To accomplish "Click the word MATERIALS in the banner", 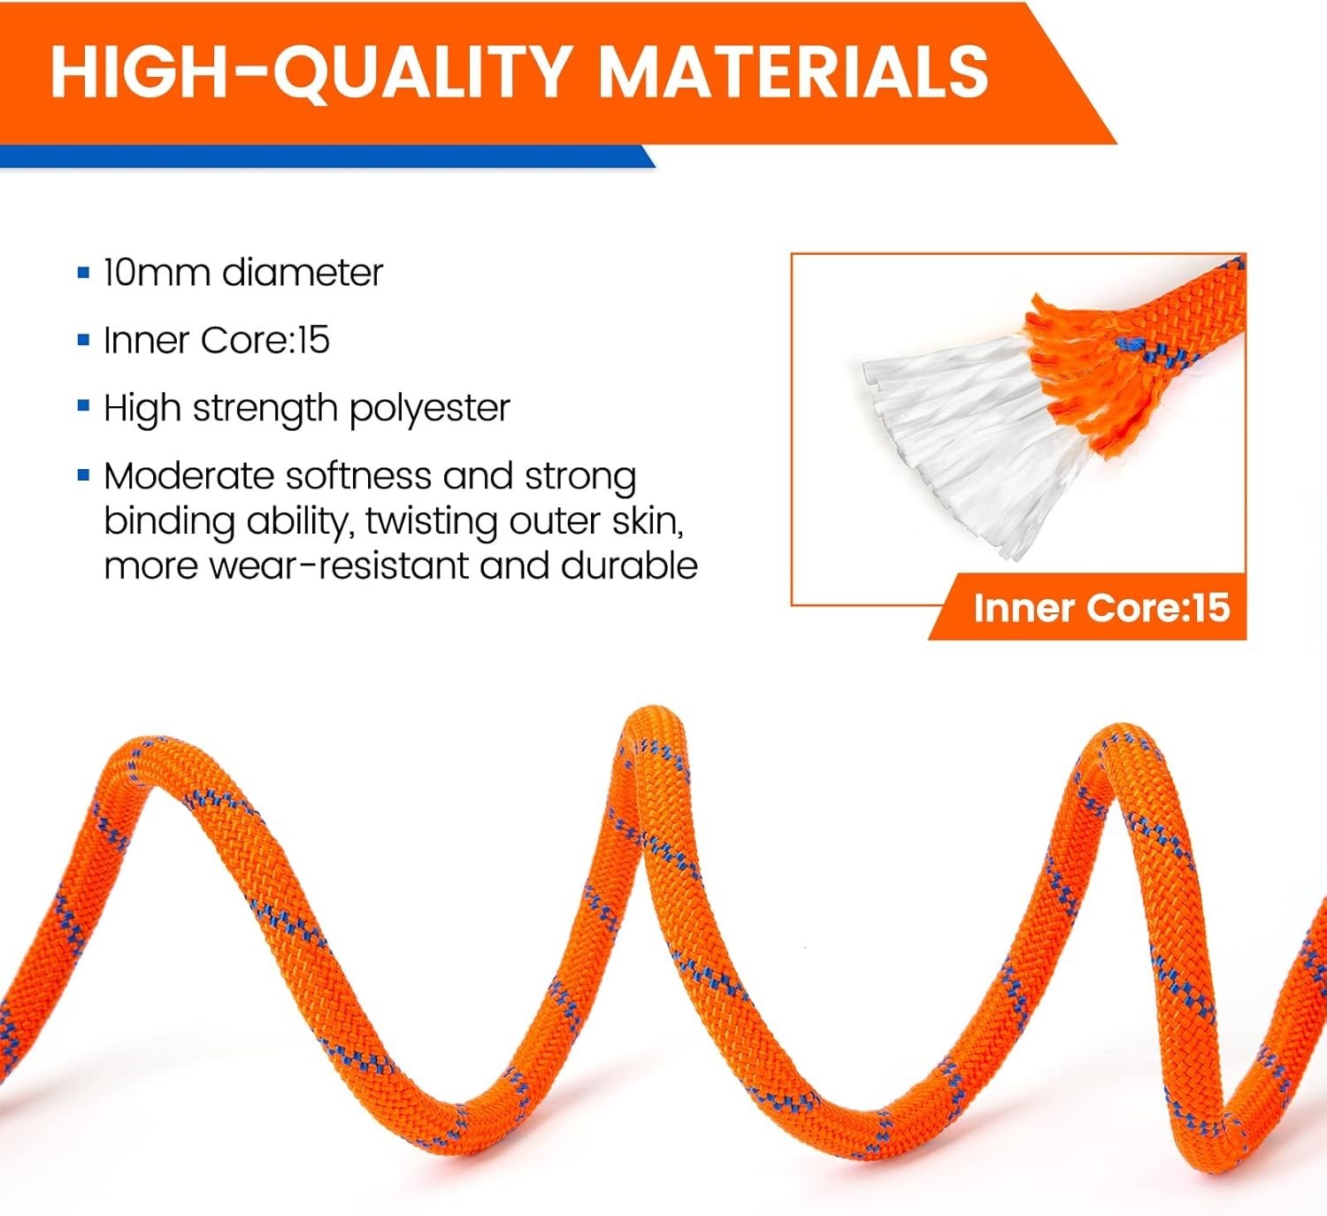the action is click(x=793, y=72).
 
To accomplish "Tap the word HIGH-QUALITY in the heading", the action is click(x=310, y=73).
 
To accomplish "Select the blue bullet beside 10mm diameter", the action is click(x=83, y=272).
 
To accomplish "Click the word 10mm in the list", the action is click(x=156, y=272).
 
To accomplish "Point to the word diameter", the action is click(x=303, y=272).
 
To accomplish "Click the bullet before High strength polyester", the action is click(x=83, y=405).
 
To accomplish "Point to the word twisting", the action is click(x=431, y=521).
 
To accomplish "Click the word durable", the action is click(x=629, y=566).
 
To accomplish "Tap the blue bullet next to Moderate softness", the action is click(x=83, y=474).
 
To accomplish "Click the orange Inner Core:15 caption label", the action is click(x=1087, y=607).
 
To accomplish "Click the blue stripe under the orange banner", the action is click(x=327, y=157).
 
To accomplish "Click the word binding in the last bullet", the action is click(x=169, y=521).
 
